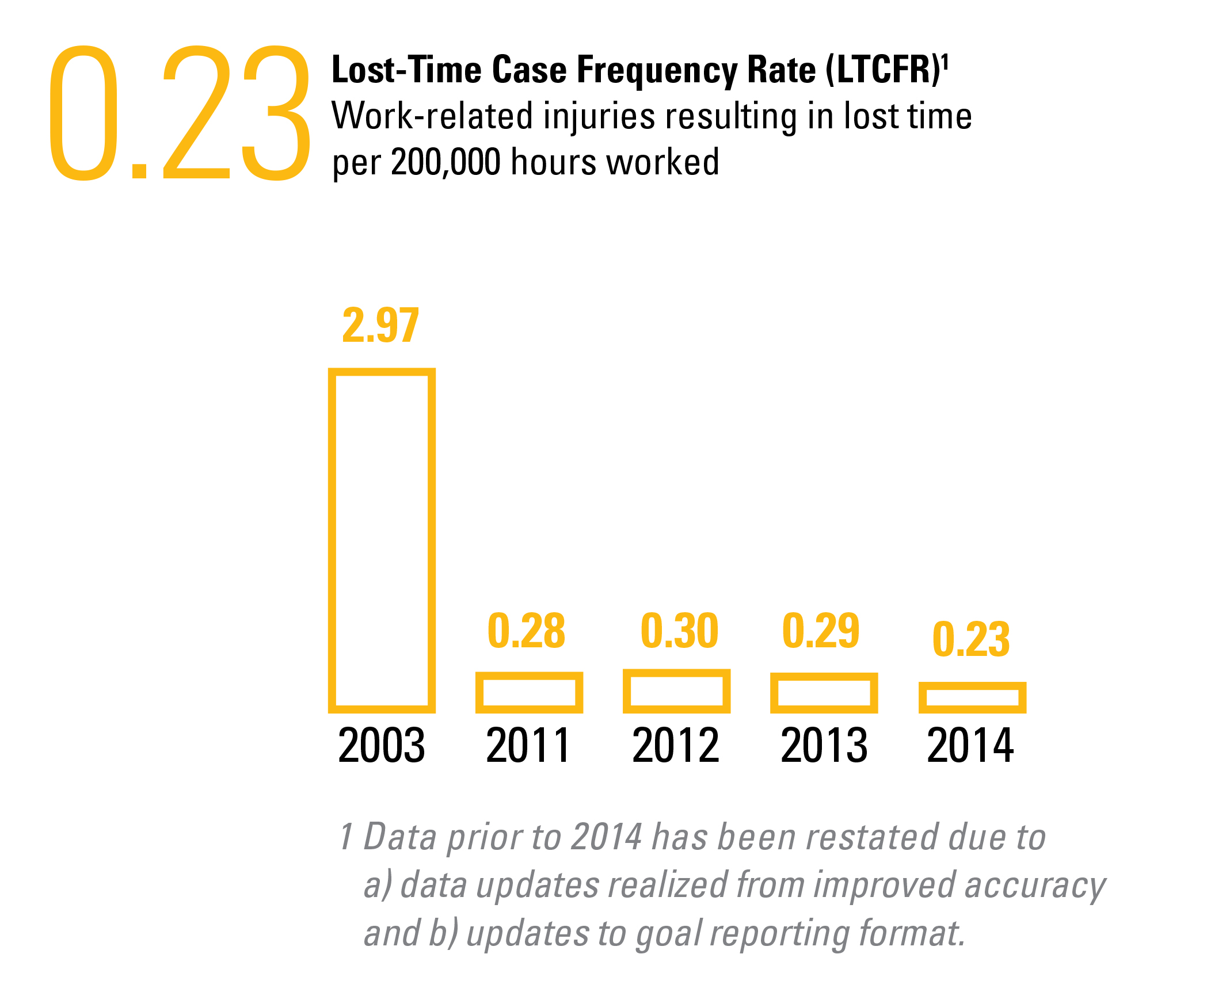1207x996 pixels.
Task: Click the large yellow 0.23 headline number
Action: [180, 113]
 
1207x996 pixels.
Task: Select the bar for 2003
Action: [382, 540]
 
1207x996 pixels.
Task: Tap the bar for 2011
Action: [529, 692]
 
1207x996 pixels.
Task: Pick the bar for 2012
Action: [676, 691]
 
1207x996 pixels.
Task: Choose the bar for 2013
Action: [824, 693]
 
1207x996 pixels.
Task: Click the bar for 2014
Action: [972, 697]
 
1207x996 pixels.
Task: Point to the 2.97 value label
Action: [380, 326]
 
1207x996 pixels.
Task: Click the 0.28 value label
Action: [526, 631]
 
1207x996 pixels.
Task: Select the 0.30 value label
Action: [679, 631]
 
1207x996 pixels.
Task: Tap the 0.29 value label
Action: [821, 631]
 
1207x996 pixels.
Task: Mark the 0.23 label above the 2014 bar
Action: [971, 639]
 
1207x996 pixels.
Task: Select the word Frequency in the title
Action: [657, 71]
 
